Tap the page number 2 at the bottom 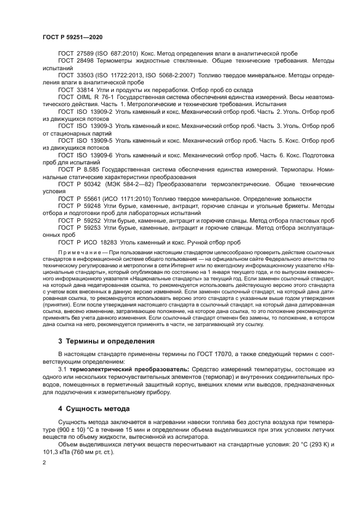tap(44, 462)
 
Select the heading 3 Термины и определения tap(106, 341)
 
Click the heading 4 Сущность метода tap(94, 408)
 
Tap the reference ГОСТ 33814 tap(80, 89)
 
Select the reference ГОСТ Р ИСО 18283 tap(90, 242)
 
